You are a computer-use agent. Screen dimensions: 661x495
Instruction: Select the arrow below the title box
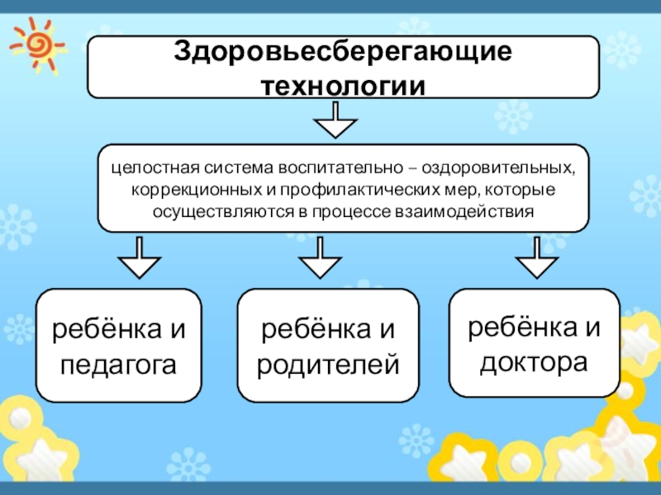click(335, 121)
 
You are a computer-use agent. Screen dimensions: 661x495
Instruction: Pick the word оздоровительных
click(498, 167)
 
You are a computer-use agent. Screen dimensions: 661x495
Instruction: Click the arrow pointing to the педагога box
click(140, 259)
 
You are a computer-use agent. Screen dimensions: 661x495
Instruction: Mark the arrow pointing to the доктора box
click(538, 259)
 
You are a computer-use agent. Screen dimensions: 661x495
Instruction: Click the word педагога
click(119, 363)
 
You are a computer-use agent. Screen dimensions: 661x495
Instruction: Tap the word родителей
click(328, 363)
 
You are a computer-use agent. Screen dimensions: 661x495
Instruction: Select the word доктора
click(534, 361)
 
